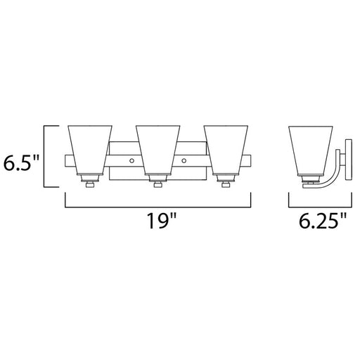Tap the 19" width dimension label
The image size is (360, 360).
pyautogui.click(x=162, y=221)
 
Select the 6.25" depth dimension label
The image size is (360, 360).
pyautogui.click(x=323, y=221)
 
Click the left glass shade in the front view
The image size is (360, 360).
pyautogui.click(x=90, y=150)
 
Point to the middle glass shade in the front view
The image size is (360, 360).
pyautogui.click(x=157, y=150)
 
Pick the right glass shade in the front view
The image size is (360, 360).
pyautogui.click(x=226, y=150)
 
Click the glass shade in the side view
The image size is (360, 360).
pyautogui.click(x=311, y=151)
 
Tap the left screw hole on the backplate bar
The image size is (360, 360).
pyautogui.click(x=131, y=161)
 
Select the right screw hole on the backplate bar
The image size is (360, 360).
pyautogui.click(x=184, y=161)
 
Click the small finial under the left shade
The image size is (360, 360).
pyautogui.click(x=90, y=185)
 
